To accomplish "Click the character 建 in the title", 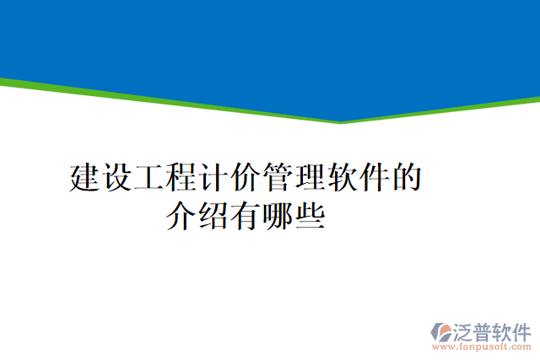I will coord(85,179).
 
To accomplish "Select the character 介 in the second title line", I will coord(181,217).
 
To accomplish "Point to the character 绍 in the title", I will coord(213,217).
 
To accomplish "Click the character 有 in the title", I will coord(245,217).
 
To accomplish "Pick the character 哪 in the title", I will coord(277,217).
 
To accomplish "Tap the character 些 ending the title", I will coord(309,217).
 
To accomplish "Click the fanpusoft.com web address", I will coord(483,347).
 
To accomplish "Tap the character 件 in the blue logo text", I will coord(521,330).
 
